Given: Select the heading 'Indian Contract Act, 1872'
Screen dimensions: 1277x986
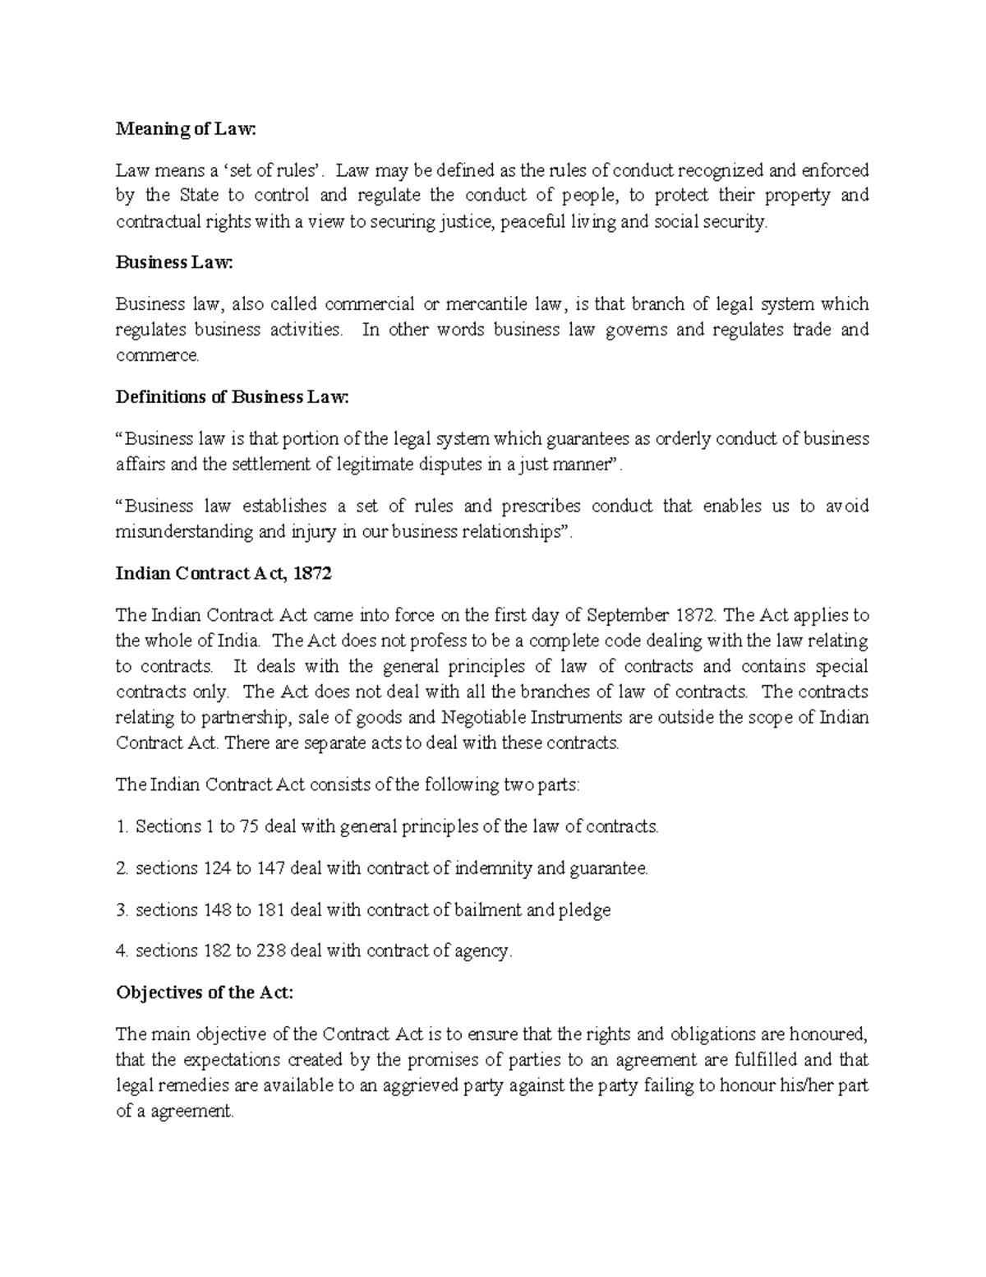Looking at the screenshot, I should coord(223,574).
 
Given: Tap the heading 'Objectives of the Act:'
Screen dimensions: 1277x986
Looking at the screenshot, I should coord(205,992).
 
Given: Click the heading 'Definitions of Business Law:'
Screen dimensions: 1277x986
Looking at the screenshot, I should coord(233,397).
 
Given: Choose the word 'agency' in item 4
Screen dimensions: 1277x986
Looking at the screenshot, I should coord(483,952).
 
